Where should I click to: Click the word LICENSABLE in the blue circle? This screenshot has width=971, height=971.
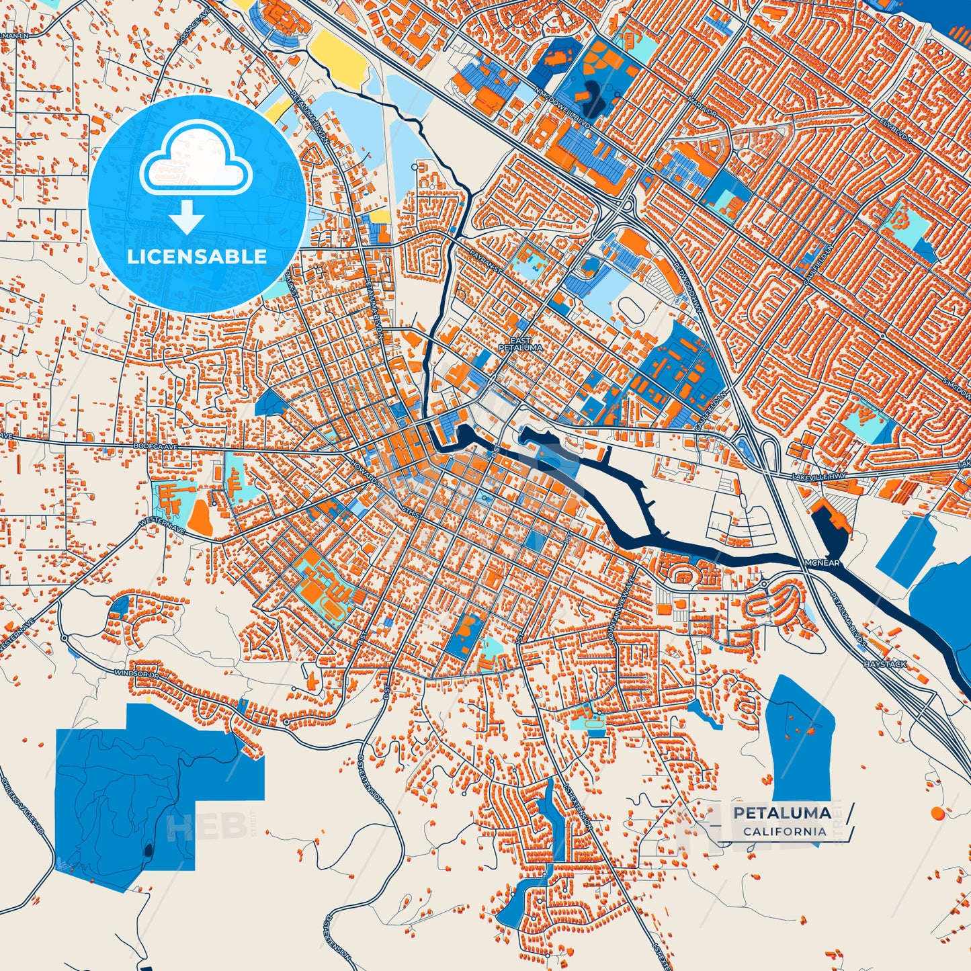(197, 257)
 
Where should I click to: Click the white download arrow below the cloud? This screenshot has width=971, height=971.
(187, 218)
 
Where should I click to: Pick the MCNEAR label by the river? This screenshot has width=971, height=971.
(822, 562)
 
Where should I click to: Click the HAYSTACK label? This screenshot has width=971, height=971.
(885, 664)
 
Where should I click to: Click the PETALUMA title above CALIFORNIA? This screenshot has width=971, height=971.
(782, 813)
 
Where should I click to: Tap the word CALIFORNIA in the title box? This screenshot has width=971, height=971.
(785, 831)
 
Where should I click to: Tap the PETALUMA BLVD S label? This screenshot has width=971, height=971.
(848, 618)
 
